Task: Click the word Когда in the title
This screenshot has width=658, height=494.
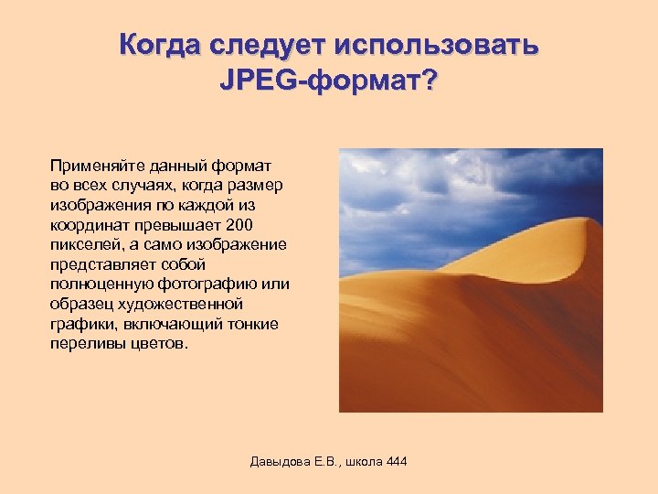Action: pos(161,45)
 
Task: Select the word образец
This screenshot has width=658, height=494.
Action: pos(80,304)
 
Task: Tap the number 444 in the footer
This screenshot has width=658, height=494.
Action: pos(396,461)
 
